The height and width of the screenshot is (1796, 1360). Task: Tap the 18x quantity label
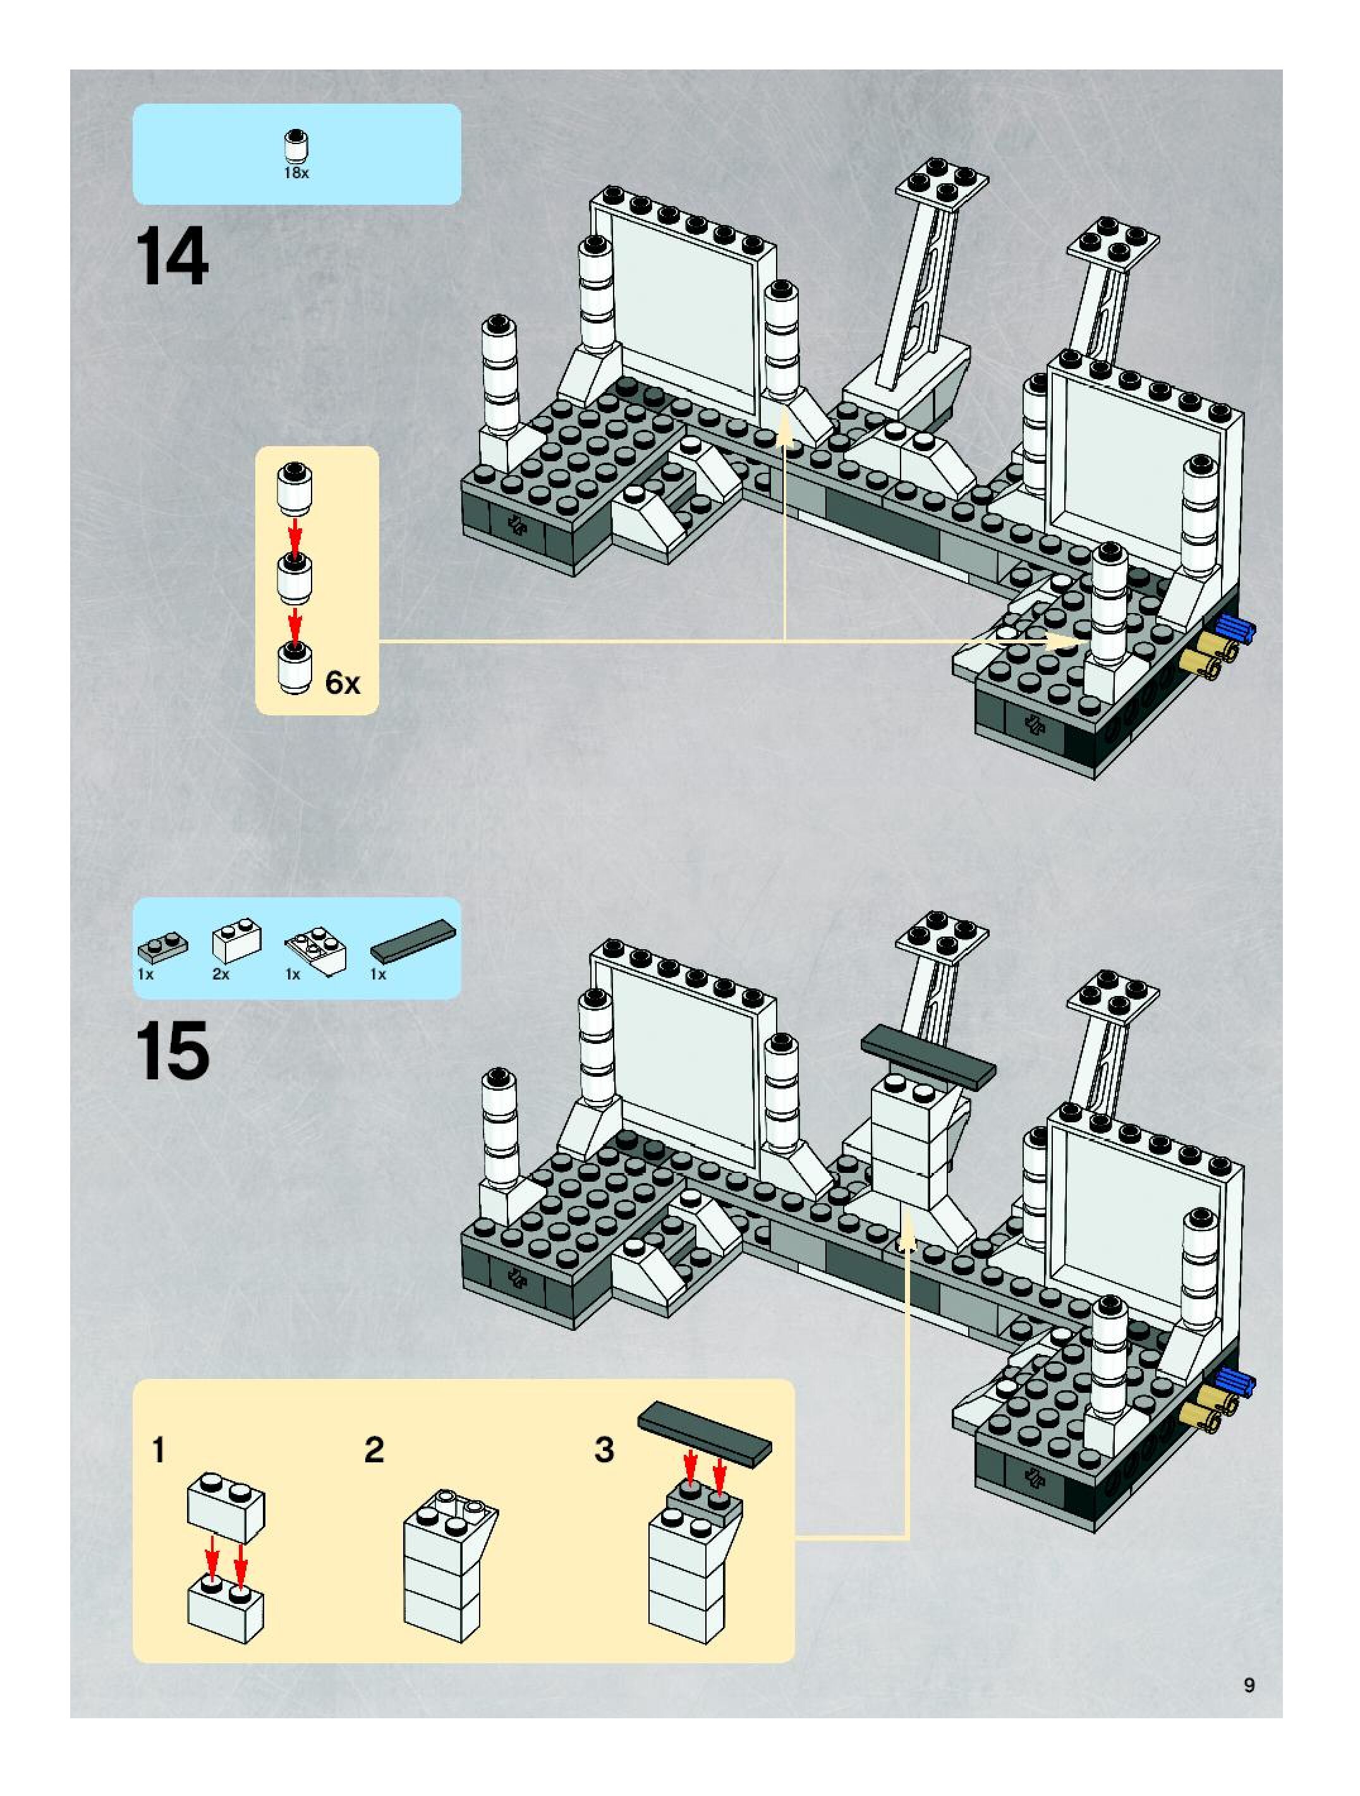(296, 173)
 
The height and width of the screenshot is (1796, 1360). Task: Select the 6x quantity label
(342, 684)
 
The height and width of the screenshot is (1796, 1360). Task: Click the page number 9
(1249, 1685)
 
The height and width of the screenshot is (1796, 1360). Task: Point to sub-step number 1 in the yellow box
(159, 1450)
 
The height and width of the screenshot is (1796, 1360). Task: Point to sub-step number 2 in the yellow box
(373, 1450)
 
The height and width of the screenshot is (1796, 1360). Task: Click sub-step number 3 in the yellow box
(604, 1450)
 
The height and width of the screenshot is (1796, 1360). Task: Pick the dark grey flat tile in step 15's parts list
(413, 941)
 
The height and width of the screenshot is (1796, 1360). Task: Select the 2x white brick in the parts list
(236, 941)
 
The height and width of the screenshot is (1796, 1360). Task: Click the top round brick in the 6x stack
(296, 487)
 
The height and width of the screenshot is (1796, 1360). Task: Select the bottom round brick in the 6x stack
(296, 667)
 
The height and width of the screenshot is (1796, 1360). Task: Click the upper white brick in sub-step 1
(226, 1508)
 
